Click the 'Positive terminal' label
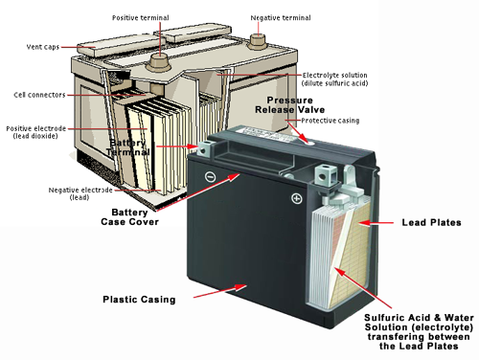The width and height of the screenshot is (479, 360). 141,18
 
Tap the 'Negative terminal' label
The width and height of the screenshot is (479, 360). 281,18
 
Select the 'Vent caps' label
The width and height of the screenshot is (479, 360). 43,47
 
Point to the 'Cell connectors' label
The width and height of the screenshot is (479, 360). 39,95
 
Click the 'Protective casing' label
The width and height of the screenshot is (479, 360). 331,121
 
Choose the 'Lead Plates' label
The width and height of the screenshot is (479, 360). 431,222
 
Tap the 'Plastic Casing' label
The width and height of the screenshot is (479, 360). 139,300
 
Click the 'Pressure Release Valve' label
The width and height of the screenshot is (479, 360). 289,105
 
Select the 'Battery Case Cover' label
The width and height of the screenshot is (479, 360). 129,217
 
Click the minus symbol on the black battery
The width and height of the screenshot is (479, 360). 210,176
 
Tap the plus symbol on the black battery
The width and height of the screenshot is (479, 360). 297,198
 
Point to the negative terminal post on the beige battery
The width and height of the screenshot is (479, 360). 257,41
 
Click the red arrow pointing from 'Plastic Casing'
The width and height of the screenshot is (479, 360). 219,291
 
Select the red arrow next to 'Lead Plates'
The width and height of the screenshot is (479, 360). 376,223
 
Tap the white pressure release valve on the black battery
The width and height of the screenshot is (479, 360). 309,142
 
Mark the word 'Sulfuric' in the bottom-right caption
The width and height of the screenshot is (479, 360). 381,318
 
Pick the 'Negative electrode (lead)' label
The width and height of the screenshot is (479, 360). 80,193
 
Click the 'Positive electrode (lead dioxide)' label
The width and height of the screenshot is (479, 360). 36,132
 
